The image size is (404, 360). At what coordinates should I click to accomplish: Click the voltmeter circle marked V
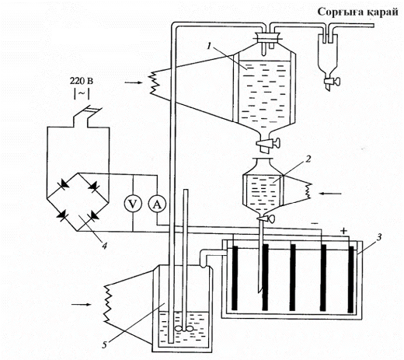click(133, 204)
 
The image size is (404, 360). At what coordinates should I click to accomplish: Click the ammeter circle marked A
click(157, 204)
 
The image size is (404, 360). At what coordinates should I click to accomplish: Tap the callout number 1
click(209, 46)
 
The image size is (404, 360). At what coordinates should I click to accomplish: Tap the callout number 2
click(308, 159)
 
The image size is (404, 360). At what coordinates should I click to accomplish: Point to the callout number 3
click(378, 237)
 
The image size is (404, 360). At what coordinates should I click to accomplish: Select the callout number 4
click(104, 246)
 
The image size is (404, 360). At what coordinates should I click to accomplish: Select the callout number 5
click(104, 344)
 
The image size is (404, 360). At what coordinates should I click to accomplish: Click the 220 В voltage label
click(82, 81)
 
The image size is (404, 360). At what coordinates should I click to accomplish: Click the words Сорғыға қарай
click(357, 12)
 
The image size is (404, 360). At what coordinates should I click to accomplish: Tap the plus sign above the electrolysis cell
click(343, 230)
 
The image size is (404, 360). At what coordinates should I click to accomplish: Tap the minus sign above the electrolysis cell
click(315, 223)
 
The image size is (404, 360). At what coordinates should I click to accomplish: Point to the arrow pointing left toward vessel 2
click(331, 194)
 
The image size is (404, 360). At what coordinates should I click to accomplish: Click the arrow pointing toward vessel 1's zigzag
click(134, 82)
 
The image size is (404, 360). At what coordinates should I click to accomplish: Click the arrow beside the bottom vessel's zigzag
click(82, 304)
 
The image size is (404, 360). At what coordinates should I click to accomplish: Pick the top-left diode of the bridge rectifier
click(64, 184)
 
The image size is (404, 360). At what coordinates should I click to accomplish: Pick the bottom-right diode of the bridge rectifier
click(93, 216)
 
